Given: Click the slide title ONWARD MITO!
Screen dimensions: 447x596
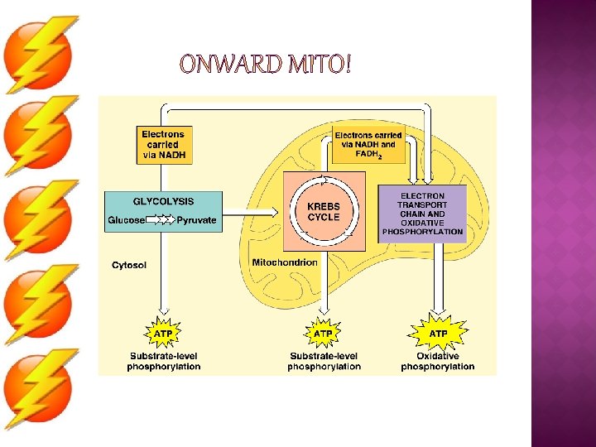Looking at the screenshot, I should pyautogui.click(x=265, y=64).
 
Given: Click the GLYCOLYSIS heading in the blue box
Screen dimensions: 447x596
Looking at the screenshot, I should pyautogui.click(x=163, y=201).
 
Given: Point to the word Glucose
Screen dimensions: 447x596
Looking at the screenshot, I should pyautogui.click(x=126, y=220).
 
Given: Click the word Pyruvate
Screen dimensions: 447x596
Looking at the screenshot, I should pyautogui.click(x=196, y=220).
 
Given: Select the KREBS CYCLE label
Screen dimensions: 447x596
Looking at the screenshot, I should pyautogui.click(x=324, y=212).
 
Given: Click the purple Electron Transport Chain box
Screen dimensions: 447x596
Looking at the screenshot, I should pyautogui.click(x=422, y=214).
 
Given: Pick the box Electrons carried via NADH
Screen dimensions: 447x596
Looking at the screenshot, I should pyautogui.click(x=163, y=144).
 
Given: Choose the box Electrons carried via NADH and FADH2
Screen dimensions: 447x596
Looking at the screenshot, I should pyautogui.click(x=368, y=146).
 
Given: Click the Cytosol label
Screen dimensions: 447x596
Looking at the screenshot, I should pyautogui.click(x=129, y=265).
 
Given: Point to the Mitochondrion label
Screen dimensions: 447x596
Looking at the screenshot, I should pyautogui.click(x=285, y=262).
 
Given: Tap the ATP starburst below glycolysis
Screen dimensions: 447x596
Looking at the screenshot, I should pyautogui.click(x=163, y=334).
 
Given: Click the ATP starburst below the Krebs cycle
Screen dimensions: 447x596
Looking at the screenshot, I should pyautogui.click(x=323, y=334).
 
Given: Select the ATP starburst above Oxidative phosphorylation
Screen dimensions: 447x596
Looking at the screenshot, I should pyautogui.click(x=438, y=334).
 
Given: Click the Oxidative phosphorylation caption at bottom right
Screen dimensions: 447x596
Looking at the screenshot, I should pyautogui.click(x=438, y=362).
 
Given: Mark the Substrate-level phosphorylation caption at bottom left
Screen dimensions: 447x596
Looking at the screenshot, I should pyautogui.click(x=163, y=362).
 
